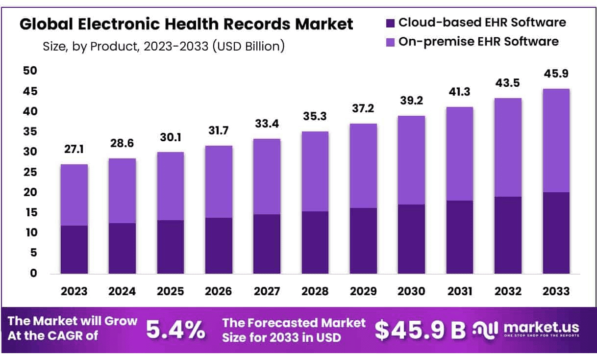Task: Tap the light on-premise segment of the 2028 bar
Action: (315, 171)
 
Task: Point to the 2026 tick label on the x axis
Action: (219, 291)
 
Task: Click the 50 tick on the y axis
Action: (30, 71)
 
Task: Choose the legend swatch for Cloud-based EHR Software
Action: (390, 23)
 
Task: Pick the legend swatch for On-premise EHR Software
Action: (390, 42)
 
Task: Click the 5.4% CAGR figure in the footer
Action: (176, 330)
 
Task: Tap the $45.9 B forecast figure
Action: (420, 330)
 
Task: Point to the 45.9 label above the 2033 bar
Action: (556, 75)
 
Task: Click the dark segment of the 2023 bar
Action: (74, 249)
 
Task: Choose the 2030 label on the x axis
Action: (411, 291)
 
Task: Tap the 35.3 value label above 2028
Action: (315, 117)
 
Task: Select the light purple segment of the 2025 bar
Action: (170, 186)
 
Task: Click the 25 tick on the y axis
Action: (30, 172)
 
